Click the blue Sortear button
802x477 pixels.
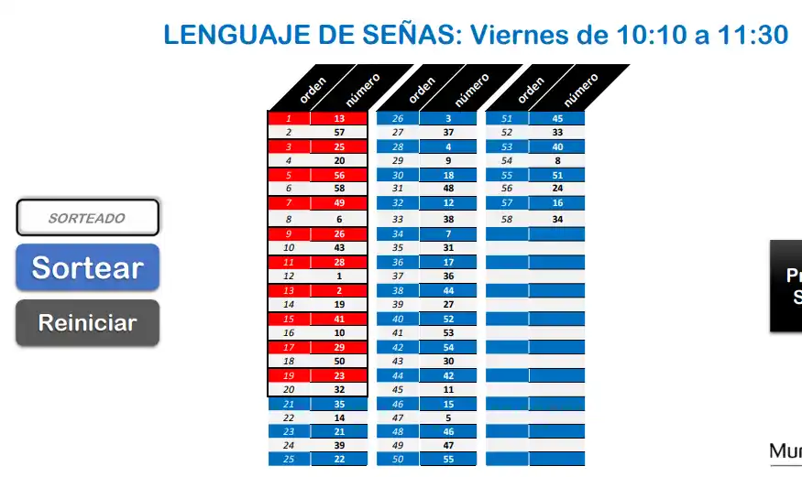click(x=87, y=267)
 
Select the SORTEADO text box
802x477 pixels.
click(x=87, y=218)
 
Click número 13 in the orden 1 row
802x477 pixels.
click(x=339, y=118)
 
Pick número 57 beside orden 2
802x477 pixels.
click(x=339, y=133)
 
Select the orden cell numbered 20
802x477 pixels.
click(x=289, y=389)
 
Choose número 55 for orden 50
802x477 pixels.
click(x=448, y=458)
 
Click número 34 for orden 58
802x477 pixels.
click(x=557, y=220)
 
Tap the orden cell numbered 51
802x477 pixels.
click(x=507, y=118)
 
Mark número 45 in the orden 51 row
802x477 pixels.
click(x=557, y=118)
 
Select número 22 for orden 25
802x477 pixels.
click(x=339, y=458)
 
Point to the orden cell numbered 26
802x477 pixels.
click(x=398, y=118)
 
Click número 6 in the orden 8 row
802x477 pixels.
click(x=339, y=220)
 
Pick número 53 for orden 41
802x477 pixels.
click(x=448, y=332)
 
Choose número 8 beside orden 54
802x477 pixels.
click(x=557, y=160)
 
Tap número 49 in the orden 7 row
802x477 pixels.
click(x=339, y=202)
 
